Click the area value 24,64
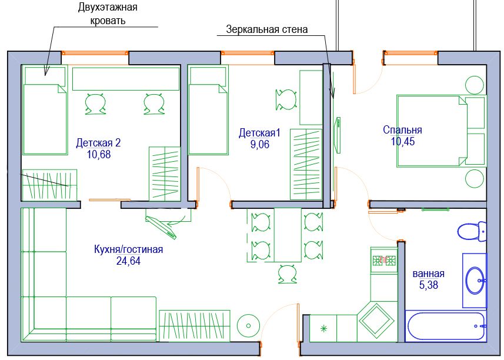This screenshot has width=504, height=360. tap(128, 261)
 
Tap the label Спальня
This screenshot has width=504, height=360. tap(402, 130)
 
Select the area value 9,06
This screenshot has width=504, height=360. tap(260, 144)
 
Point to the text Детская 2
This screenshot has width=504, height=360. tap(98, 142)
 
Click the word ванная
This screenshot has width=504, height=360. tap(429, 274)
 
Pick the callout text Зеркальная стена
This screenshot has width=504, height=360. tap(267, 29)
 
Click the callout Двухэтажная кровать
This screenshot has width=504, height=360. tap(108, 14)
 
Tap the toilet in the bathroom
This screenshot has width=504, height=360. tap(472, 231)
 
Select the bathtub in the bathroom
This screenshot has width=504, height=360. tap(445, 326)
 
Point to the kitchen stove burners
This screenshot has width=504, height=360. tap(384, 261)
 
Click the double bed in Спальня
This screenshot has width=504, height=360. tap(441, 131)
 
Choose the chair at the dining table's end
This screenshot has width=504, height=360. tap(288, 274)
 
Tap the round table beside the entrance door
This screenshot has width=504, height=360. tap(248, 326)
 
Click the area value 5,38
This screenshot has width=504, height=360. tap(429, 285)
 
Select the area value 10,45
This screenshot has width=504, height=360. tap(403, 141)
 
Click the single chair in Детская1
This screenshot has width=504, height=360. tap(286, 99)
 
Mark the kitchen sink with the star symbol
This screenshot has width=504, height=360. tap(323, 328)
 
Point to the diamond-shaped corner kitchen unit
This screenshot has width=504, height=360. tap(376, 320)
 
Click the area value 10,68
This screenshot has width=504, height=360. tap(99, 154)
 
